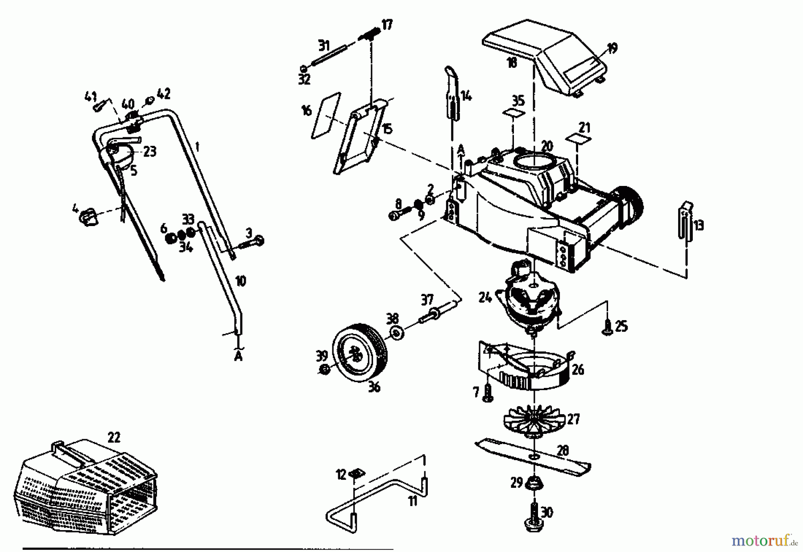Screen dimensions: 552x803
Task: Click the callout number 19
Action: tap(612, 49)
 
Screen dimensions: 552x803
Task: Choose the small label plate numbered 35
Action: tap(514, 113)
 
